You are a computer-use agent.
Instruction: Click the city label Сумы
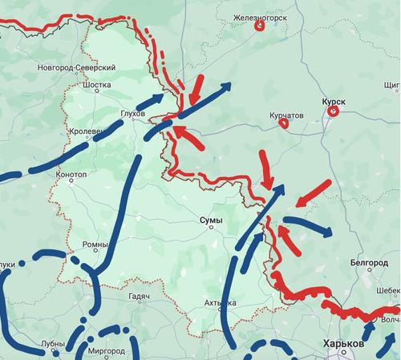pos(212,219)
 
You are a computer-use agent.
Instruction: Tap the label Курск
pos(333,103)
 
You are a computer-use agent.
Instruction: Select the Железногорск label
pos(259,16)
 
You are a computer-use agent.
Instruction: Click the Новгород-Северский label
pos(76,68)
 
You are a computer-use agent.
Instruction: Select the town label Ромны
pos(95,244)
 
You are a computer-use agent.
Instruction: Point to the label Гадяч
pos(139,297)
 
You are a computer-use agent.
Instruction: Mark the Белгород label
pos(369,262)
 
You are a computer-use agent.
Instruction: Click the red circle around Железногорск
pos(260,26)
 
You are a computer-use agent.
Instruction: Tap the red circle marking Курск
pos(332,113)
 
